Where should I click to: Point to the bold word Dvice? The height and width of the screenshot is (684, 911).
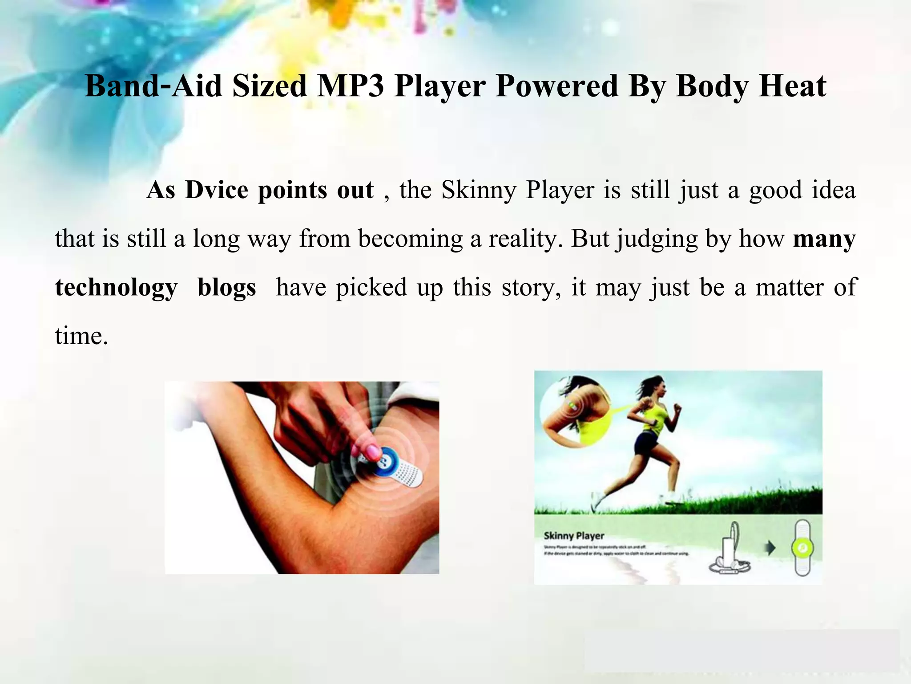click(x=217, y=190)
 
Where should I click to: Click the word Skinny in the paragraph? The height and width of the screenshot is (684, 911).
click(x=478, y=190)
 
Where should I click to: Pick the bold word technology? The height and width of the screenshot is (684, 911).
click(x=116, y=287)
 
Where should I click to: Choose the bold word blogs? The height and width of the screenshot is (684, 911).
click(x=227, y=287)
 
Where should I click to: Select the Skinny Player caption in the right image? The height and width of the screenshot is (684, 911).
click(x=574, y=536)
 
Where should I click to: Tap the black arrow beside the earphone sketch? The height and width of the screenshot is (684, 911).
click(x=770, y=548)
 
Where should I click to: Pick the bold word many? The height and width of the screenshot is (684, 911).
click(x=824, y=239)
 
